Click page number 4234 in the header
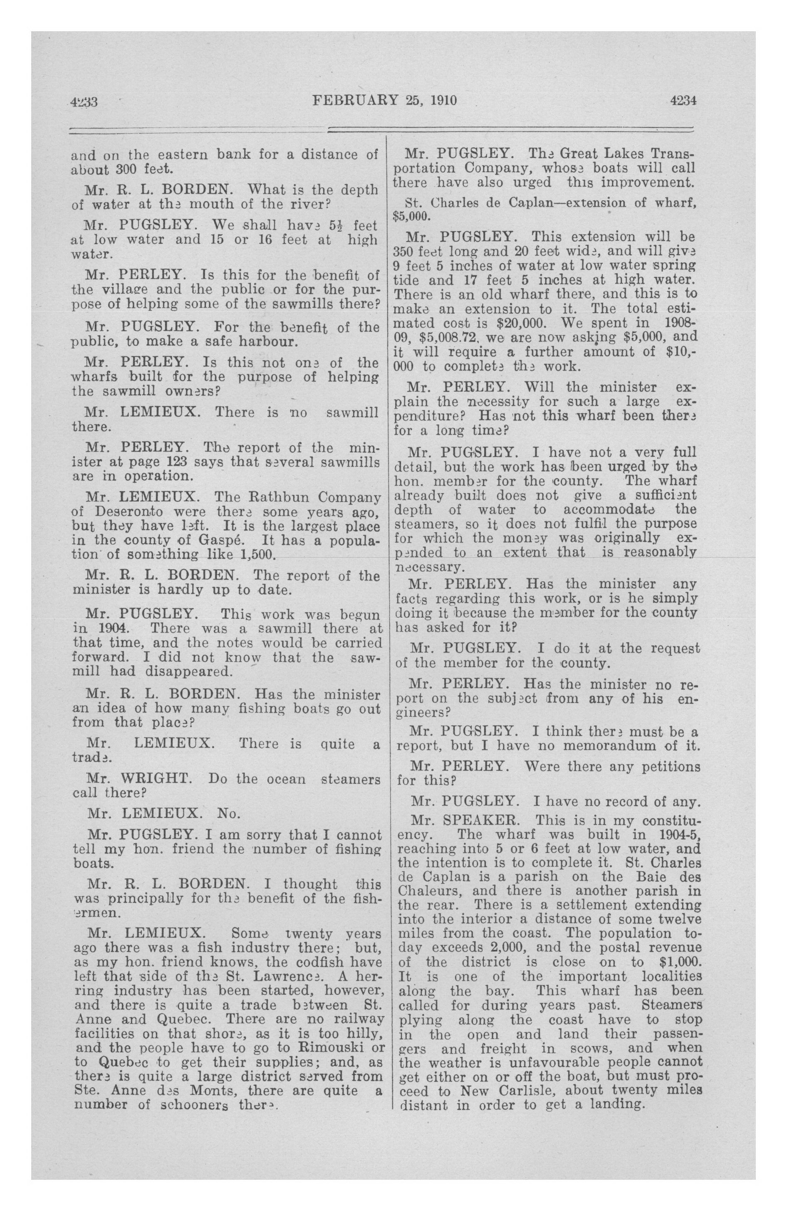coord(683,101)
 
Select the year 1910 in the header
coord(444,100)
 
